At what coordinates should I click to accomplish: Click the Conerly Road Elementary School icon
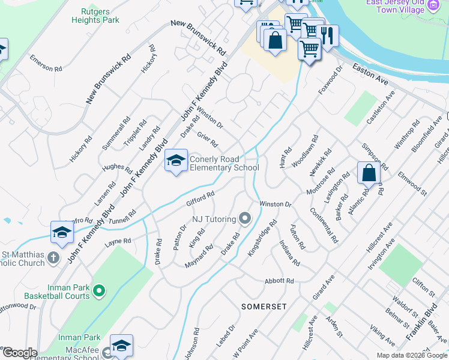pos(176,161)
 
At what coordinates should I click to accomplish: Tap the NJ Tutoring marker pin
pos(244,218)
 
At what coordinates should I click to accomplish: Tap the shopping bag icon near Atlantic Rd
pos(368,173)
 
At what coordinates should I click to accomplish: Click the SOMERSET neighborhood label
pos(264,306)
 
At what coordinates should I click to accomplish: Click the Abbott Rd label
pos(280,281)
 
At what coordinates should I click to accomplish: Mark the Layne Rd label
pos(118,242)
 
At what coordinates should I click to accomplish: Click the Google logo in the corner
pos(19,353)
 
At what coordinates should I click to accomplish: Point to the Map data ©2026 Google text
pos(412,355)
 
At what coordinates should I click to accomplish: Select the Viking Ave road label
pos(382,336)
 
